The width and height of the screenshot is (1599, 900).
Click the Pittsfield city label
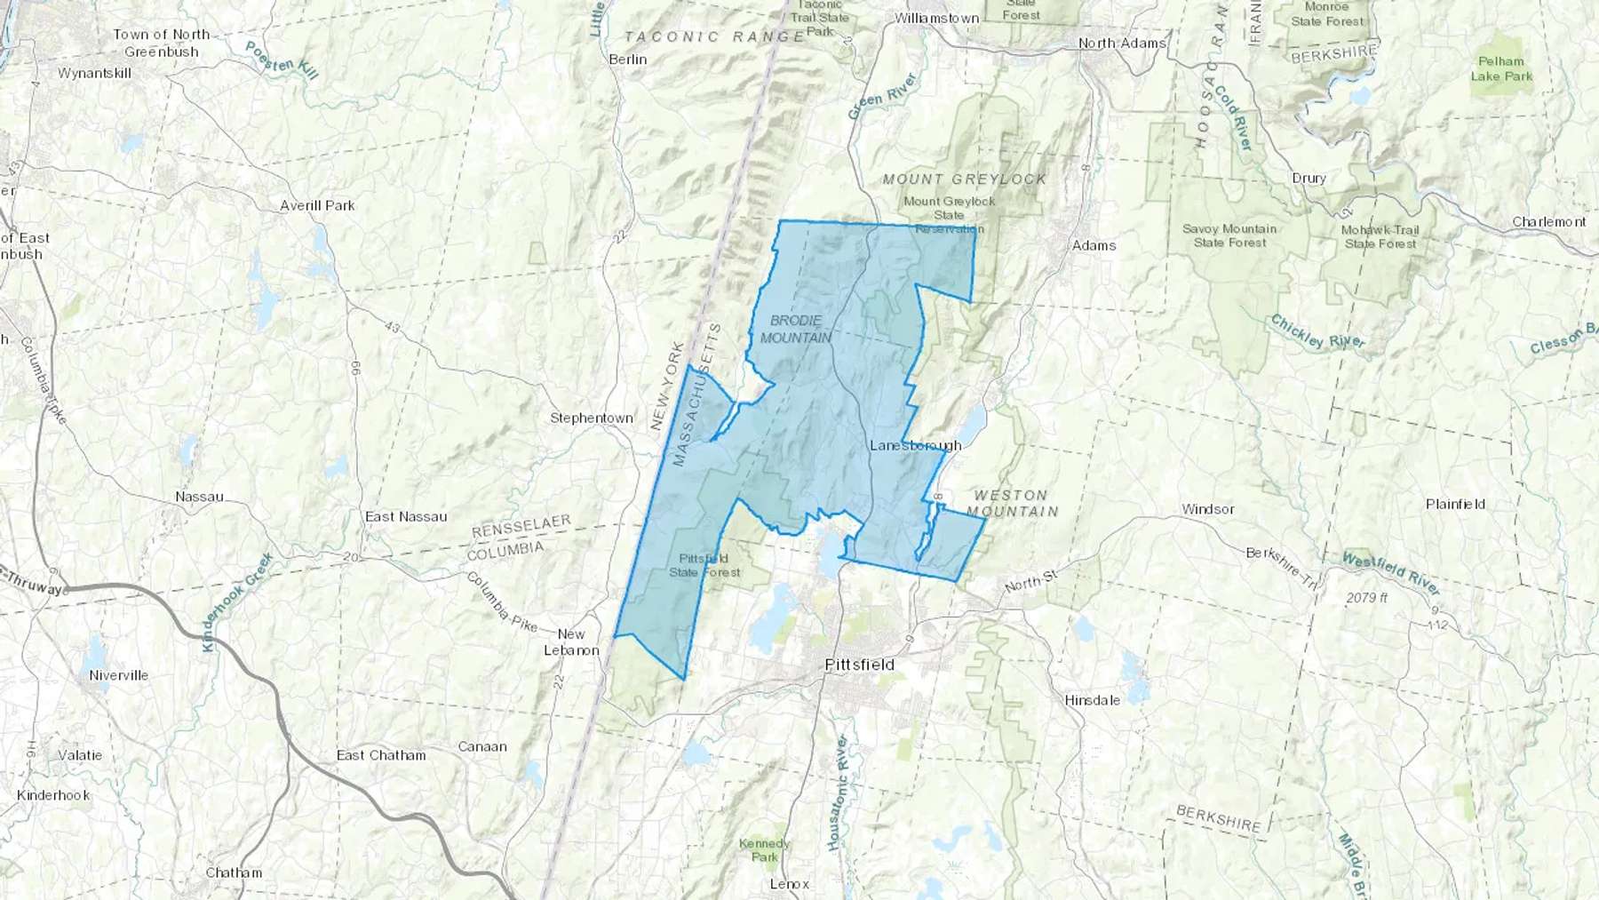(x=859, y=665)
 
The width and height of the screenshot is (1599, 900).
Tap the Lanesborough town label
(x=915, y=445)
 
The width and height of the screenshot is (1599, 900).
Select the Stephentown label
(x=592, y=418)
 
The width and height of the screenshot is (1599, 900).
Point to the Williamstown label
(x=936, y=18)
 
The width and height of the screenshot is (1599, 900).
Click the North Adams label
(x=1121, y=43)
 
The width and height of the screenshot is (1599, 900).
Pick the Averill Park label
(x=317, y=205)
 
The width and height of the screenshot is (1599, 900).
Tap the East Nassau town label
(x=406, y=516)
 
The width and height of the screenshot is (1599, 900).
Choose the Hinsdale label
(x=1092, y=700)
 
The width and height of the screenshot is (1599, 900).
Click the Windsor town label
(x=1207, y=509)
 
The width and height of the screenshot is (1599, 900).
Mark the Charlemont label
(x=1548, y=221)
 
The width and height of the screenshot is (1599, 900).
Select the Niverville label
(x=118, y=675)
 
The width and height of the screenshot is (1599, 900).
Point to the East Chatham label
(x=381, y=755)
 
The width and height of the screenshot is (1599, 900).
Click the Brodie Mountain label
(x=796, y=329)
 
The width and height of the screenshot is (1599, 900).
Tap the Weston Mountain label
(x=1012, y=503)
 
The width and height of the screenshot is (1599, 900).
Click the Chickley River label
(x=1317, y=332)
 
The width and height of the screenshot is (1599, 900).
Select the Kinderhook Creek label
(x=237, y=601)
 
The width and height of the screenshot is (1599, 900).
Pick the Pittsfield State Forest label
(x=704, y=565)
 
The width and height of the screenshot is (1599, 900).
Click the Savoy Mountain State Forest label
(x=1229, y=235)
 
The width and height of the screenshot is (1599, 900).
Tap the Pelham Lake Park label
(x=1501, y=68)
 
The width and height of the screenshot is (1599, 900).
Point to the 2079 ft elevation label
(x=1366, y=598)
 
